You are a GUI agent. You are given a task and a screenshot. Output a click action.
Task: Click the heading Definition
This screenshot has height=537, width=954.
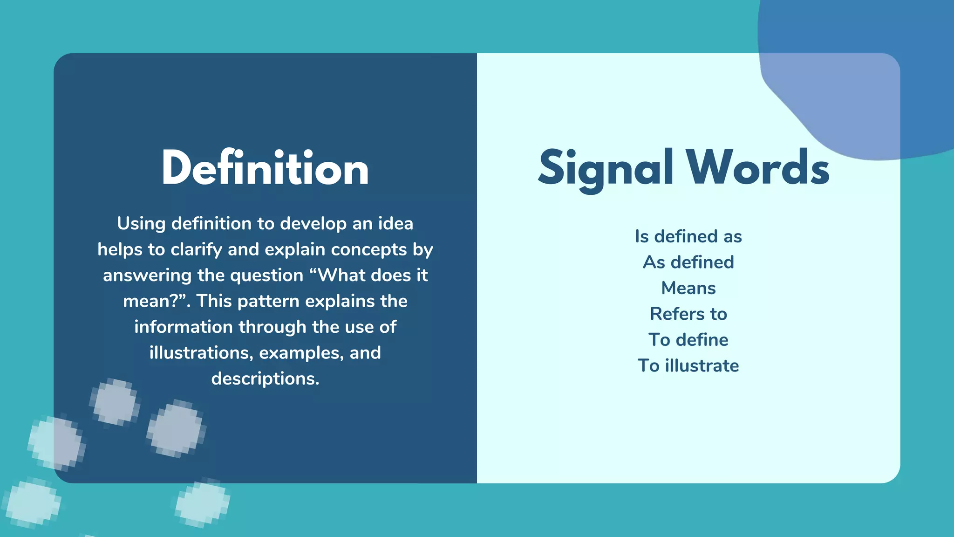(x=265, y=168)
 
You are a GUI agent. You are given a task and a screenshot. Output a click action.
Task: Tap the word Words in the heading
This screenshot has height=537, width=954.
(x=757, y=168)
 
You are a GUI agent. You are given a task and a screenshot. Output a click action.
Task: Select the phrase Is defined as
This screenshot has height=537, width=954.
(x=688, y=236)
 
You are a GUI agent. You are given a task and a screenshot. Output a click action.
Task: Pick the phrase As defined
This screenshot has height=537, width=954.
(x=688, y=262)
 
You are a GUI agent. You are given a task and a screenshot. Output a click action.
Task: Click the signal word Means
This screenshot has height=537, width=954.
(x=688, y=288)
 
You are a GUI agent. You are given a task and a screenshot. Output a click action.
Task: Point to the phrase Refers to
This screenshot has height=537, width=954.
(x=688, y=314)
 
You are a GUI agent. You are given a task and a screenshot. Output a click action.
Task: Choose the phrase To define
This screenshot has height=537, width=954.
(x=688, y=340)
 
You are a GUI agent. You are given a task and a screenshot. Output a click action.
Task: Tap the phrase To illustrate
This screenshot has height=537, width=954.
(x=688, y=365)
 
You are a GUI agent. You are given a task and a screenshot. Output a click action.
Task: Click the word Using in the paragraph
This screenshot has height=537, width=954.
(x=141, y=224)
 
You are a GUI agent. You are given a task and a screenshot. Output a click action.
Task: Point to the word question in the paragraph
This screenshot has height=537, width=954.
(x=267, y=275)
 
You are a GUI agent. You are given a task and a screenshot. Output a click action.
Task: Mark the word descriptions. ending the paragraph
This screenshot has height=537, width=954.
(x=265, y=379)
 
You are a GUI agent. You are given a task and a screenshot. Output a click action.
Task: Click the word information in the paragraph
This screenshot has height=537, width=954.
(x=183, y=327)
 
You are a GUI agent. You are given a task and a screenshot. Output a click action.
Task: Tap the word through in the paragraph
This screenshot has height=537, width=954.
(x=273, y=327)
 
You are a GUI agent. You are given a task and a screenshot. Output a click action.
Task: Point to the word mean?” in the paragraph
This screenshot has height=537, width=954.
(x=157, y=301)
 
